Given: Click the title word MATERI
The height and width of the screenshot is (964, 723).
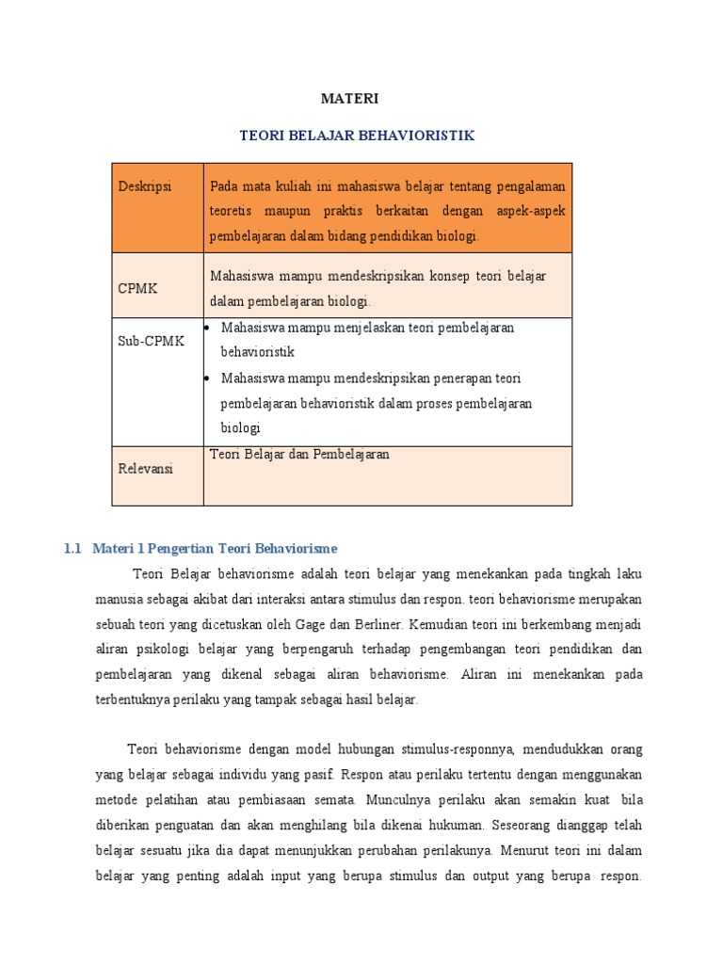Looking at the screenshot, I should point(349,98).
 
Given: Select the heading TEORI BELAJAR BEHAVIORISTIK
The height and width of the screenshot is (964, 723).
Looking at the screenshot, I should point(357,136).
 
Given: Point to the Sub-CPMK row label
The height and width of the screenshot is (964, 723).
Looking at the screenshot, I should point(151,341).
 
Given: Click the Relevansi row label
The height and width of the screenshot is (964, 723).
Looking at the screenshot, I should point(145,469).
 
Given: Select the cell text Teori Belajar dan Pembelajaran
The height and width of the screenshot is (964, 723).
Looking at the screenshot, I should point(299,454).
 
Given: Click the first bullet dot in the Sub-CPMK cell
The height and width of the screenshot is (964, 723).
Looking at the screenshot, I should point(206,328).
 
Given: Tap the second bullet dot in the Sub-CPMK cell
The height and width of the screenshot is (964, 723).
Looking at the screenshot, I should point(206,378).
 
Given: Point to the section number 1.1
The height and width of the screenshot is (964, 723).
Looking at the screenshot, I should point(73,548).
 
